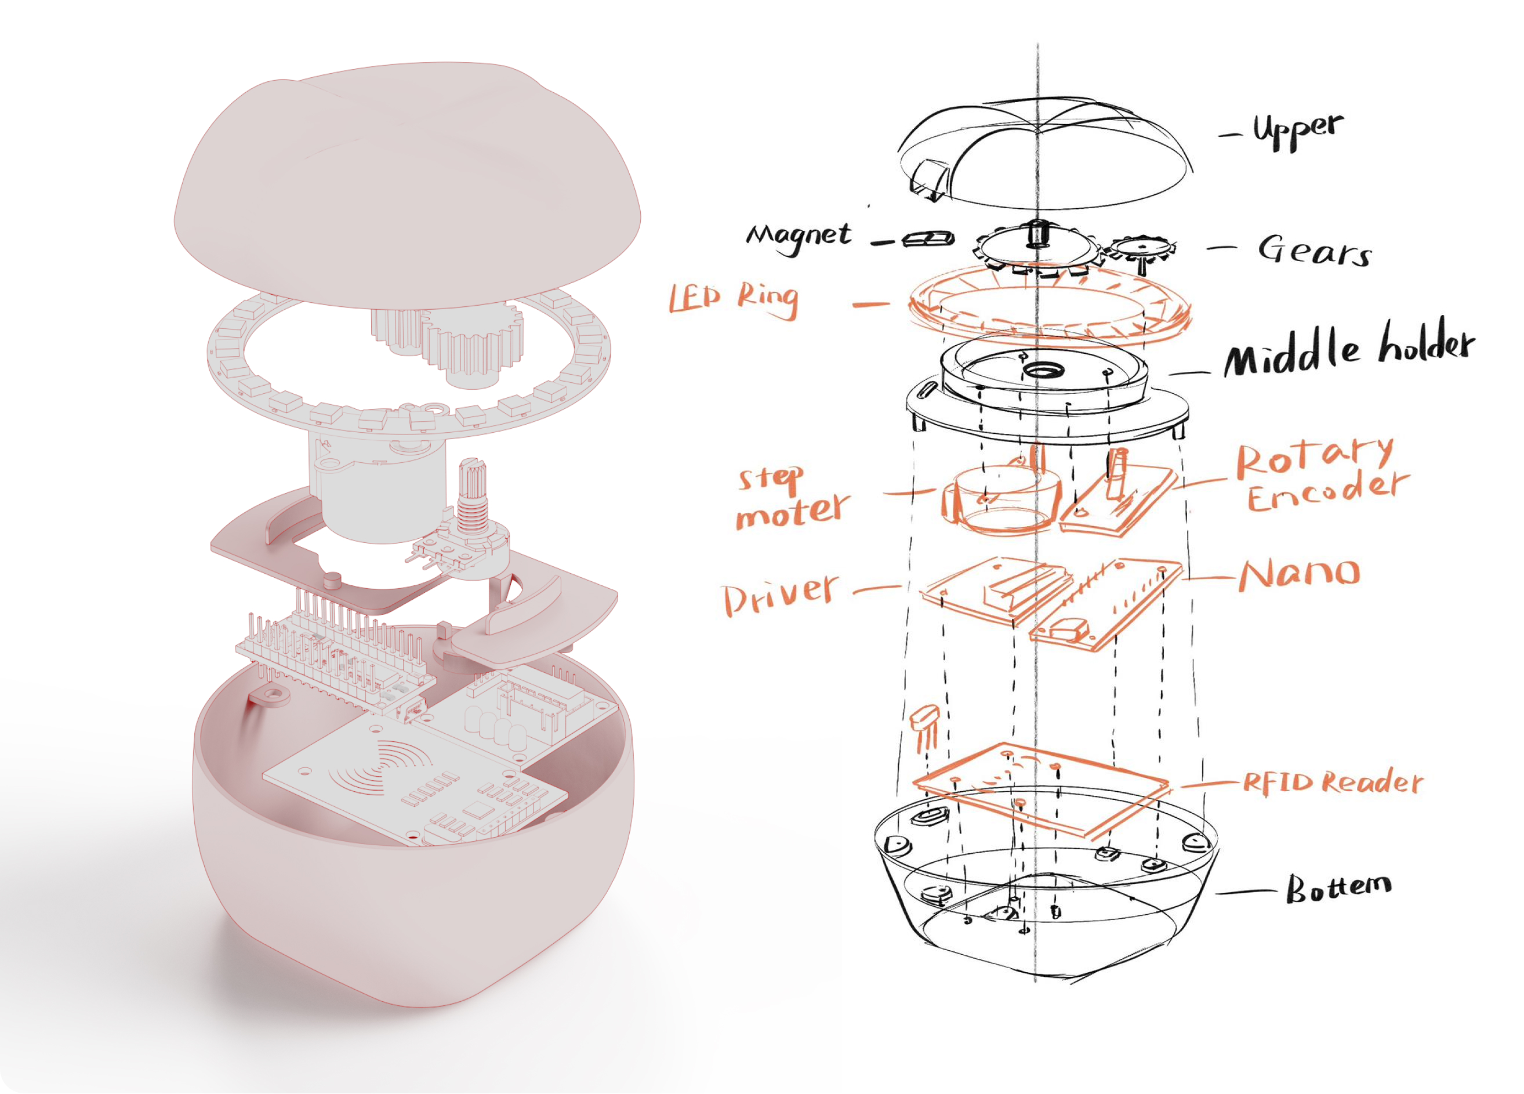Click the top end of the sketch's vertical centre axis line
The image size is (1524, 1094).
[x=1037, y=44]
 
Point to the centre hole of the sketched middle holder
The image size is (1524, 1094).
[x=1041, y=370]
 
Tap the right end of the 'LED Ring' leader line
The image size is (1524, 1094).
[x=888, y=304]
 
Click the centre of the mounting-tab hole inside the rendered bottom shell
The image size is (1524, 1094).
[x=271, y=693]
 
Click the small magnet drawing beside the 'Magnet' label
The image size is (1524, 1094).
[x=928, y=238]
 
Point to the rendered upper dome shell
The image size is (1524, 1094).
[x=407, y=185]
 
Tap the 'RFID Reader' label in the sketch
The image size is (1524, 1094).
[x=1333, y=782]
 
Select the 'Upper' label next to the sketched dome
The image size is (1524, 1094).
[x=1298, y=131]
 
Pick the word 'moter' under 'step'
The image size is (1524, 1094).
[x=793, y=512]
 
